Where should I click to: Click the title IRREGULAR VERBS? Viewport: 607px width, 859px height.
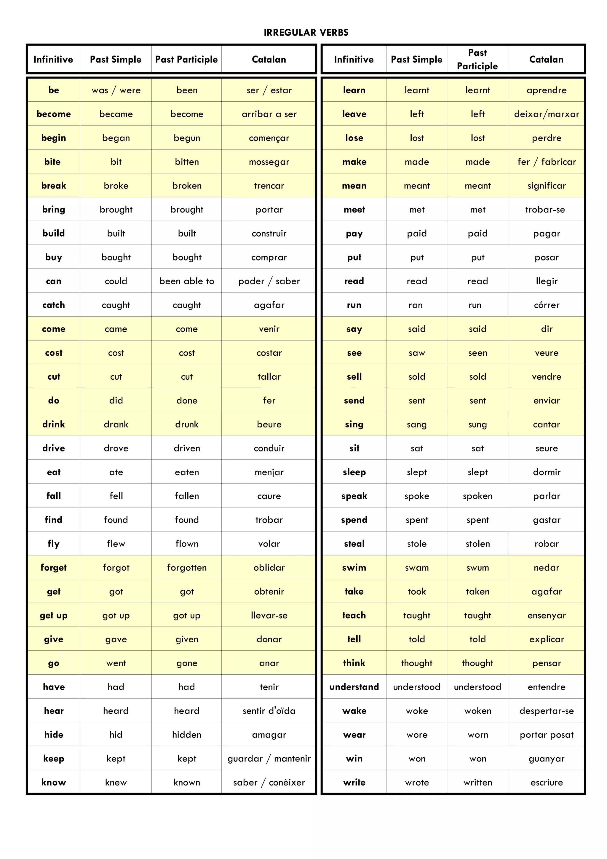(x=306, y=33)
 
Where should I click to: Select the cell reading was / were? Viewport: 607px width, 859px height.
(x=116, y=90)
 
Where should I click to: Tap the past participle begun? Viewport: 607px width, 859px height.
(x=187, y=138)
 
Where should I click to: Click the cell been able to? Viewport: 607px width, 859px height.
(x=187, y=281)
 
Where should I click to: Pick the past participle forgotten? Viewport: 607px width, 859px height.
(x=187, y=568)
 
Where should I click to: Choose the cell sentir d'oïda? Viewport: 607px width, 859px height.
(x=269, y=711)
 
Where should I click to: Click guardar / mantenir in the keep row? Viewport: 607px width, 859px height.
(x=269, y=758)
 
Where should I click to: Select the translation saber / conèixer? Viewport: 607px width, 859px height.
(x=269, y=782)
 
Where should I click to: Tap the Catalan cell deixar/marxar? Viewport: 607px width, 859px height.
(x=547, y=114)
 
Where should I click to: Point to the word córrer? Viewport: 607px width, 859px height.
(x=547, y=305)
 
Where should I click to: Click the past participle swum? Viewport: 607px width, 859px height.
(x=477, y=568)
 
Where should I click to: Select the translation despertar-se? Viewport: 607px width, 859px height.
(x=547, y=711)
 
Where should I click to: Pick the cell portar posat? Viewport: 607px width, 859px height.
(x=547, y=735)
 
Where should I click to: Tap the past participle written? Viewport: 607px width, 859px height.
(x=477, y=782)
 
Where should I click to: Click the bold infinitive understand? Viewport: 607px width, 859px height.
(x=354, y=687)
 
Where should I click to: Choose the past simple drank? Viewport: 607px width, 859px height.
(x=116, y=424)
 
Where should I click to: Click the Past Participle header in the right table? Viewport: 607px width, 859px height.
(x=477, y=60)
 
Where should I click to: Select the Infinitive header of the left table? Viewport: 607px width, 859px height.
(x=53, y=60)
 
